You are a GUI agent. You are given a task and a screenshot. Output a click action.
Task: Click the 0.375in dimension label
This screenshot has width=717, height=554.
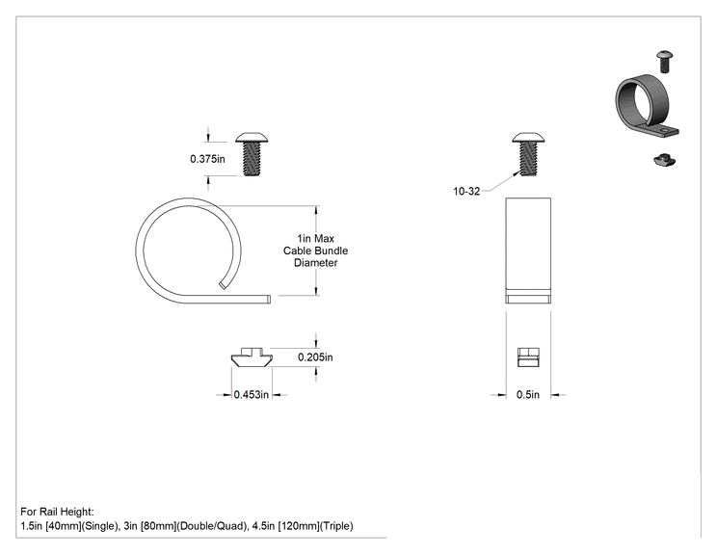coord(207,159)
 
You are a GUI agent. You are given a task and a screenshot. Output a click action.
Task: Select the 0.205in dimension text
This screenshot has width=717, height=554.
coord(315,357)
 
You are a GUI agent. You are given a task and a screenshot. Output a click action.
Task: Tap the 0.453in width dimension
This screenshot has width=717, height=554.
coord(251,394)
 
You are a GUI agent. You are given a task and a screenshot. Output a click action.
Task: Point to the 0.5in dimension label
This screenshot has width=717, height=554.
coord(528,394)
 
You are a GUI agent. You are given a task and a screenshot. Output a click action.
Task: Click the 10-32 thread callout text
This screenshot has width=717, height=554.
coord(466,192)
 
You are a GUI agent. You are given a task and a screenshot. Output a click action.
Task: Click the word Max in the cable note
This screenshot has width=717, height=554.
coord(324,239)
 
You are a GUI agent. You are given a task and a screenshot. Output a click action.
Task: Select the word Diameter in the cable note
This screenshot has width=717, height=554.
coord(315,263)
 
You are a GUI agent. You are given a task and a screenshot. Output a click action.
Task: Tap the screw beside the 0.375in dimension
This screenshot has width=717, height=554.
coord(252,154)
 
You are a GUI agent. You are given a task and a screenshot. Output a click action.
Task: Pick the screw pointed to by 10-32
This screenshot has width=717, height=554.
coord(528,154)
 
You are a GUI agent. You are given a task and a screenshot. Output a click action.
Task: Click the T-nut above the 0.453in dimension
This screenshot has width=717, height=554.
coord(252,357)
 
